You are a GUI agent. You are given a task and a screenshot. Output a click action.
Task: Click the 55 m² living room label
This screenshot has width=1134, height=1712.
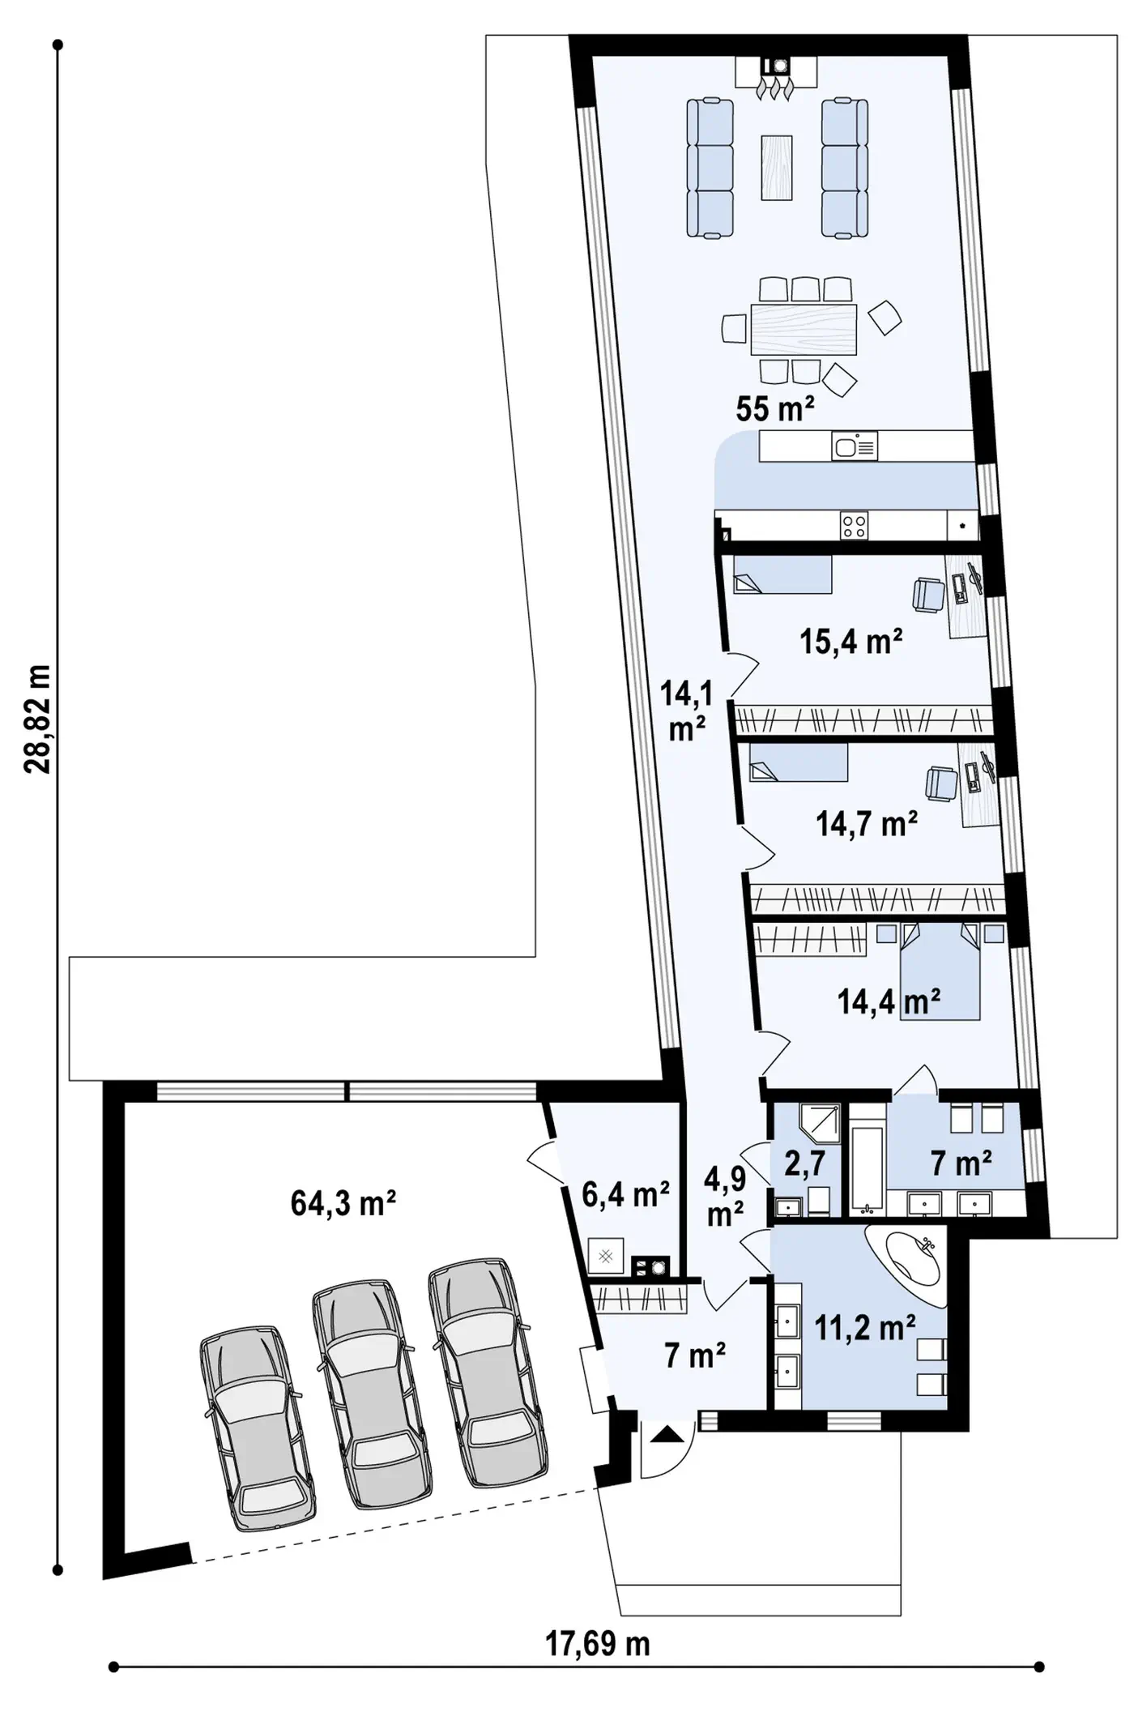coord(774,410)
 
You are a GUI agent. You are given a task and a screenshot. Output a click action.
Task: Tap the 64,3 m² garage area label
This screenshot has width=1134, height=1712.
coord(343,1204)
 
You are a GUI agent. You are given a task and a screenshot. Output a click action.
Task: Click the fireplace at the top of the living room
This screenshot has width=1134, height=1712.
coord(777,74)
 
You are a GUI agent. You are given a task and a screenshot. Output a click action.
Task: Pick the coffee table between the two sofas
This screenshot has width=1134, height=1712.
coord(777,167)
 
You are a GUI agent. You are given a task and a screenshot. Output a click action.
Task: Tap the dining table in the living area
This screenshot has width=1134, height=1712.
coord(804,330)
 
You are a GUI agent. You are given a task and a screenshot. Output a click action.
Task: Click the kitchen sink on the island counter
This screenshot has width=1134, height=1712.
coord(855,446)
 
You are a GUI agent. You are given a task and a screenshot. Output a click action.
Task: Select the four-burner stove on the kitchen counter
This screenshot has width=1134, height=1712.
coord(855,526)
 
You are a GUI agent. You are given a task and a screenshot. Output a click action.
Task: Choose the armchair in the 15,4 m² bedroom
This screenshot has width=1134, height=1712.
coord(928,596)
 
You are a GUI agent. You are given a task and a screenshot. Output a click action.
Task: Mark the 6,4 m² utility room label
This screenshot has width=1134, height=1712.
coord(625,1193)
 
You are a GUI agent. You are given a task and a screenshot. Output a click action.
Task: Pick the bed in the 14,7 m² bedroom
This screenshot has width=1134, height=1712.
coord(798,762)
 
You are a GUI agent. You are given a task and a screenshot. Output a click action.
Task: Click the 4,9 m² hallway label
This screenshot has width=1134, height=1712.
coord(724,1196)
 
